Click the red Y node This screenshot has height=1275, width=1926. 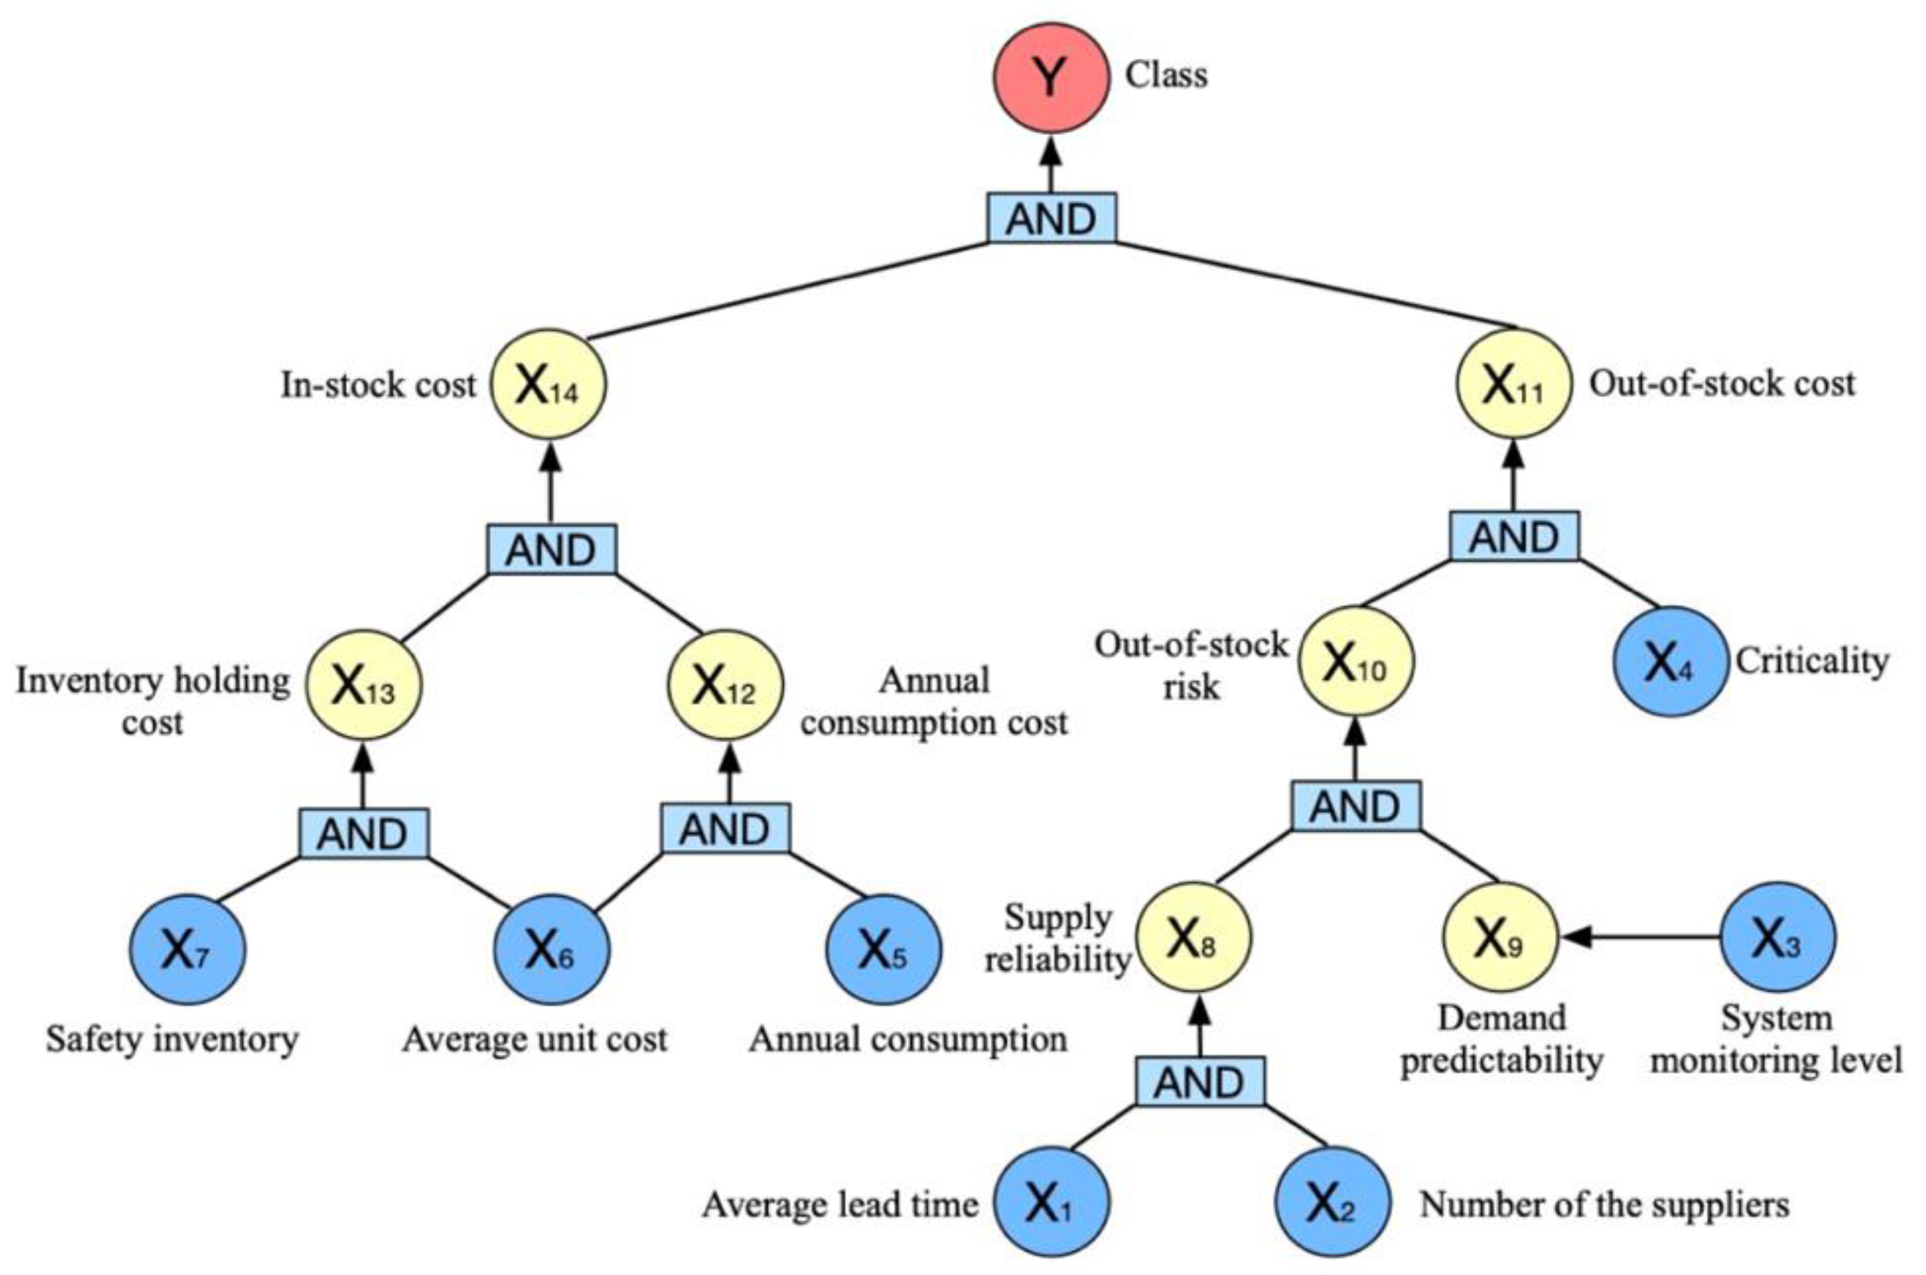click(x=1050, y=77)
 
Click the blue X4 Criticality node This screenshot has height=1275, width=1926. click(x=1670, y=661)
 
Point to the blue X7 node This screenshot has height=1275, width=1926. click(x=187, y=949)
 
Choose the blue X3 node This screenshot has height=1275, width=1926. click(x=1777, y=937)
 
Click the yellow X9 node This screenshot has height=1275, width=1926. click(x=1499, y=937)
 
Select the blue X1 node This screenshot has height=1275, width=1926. click(x=1050, y=1203)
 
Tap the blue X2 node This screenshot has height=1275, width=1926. click(x=1331, y=1203)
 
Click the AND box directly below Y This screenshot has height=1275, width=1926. click(x=1051, y=218)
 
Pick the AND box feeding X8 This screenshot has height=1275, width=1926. click(x=1200, y=1081)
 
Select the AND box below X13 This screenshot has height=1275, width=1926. click(x=363, y=833)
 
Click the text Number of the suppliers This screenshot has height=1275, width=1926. click(x=1604, y=1204)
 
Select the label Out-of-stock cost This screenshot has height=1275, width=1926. click(x=1721, y=383)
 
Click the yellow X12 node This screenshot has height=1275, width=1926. click(x=725, y=685)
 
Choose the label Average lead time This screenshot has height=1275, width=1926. click(x=840, y=1204)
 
